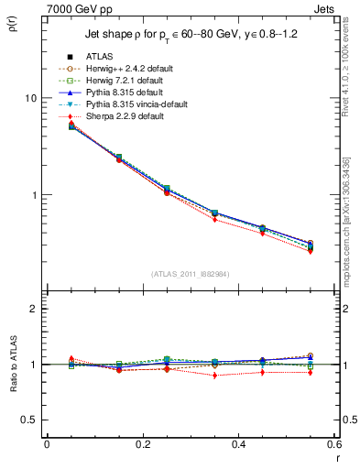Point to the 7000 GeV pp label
point(72,8)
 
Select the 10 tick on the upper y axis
point(29,98)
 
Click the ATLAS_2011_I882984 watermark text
point(190,274)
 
